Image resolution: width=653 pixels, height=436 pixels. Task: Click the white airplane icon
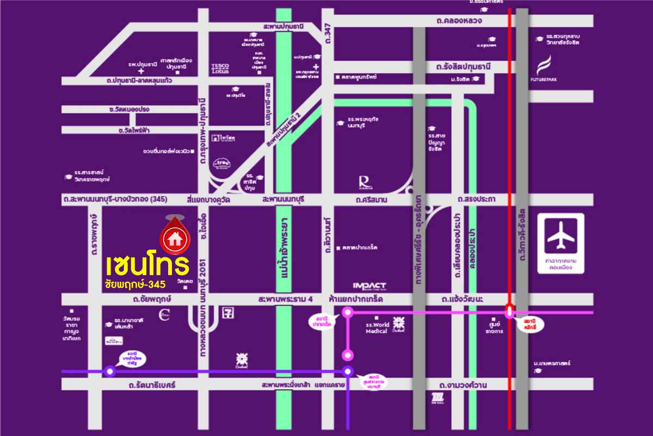tap(560, 235)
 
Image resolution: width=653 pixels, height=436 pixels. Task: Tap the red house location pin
tap(175, 234)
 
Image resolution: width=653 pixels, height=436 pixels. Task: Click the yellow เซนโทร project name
tap(147, 265)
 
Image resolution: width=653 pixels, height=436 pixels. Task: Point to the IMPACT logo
tap(369, 286)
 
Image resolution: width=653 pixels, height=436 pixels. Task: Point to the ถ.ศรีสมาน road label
tap(373, 200)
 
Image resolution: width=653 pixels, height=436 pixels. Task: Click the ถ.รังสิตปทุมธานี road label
tap(463, 66)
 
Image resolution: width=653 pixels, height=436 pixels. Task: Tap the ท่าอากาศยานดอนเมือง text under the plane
tap(560, 264)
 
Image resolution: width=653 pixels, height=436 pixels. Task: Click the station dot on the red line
tap(509, 312)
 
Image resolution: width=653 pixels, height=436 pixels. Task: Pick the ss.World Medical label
tap(377, 327)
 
